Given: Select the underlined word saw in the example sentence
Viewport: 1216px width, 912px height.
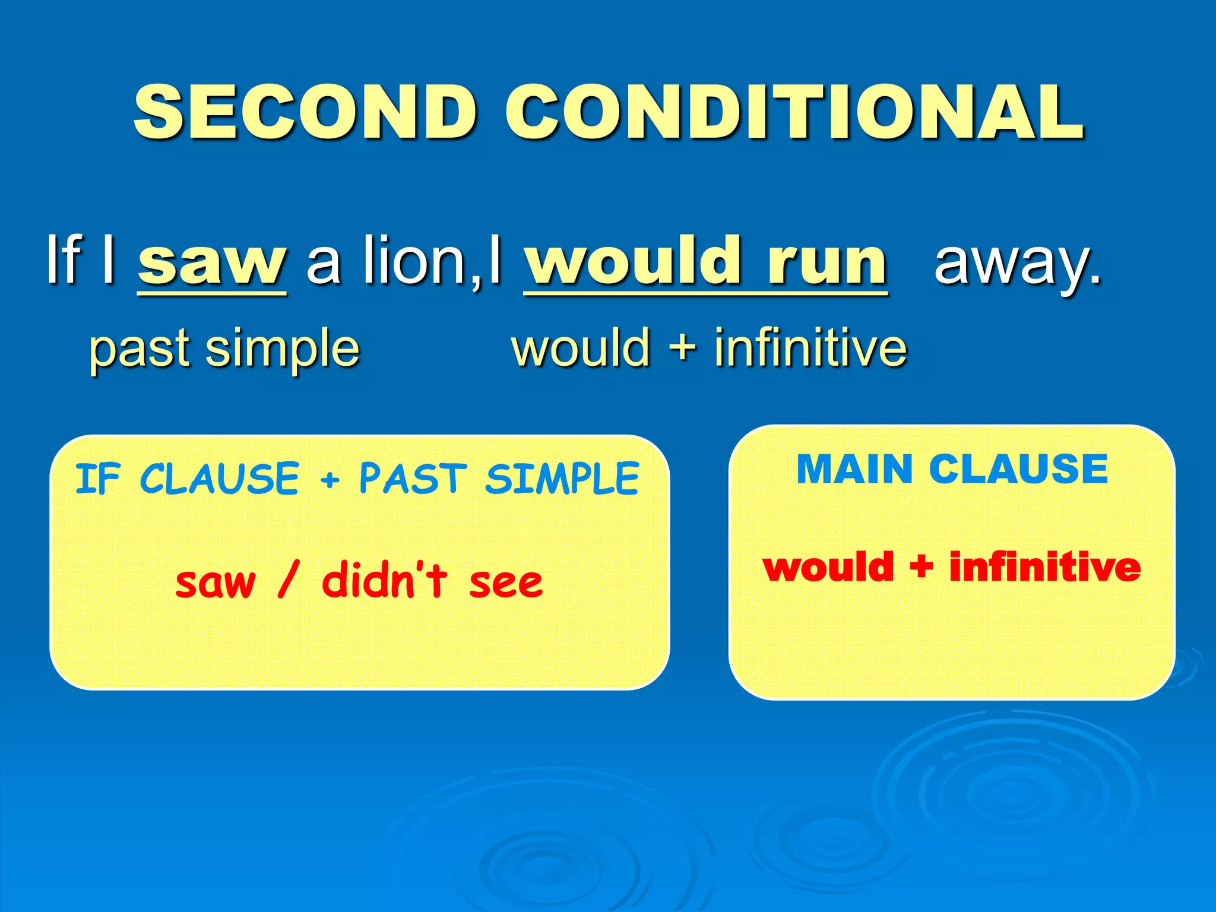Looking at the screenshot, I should (x=212, y=261).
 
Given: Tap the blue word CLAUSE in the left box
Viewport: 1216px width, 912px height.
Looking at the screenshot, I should (x=219, y=479).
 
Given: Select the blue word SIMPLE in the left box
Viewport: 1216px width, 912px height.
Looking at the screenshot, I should (x=562, y=479).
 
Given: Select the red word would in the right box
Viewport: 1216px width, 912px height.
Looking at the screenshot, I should (x=828, y=567).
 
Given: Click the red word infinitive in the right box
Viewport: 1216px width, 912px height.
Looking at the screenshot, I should (x=1045, y=567).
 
